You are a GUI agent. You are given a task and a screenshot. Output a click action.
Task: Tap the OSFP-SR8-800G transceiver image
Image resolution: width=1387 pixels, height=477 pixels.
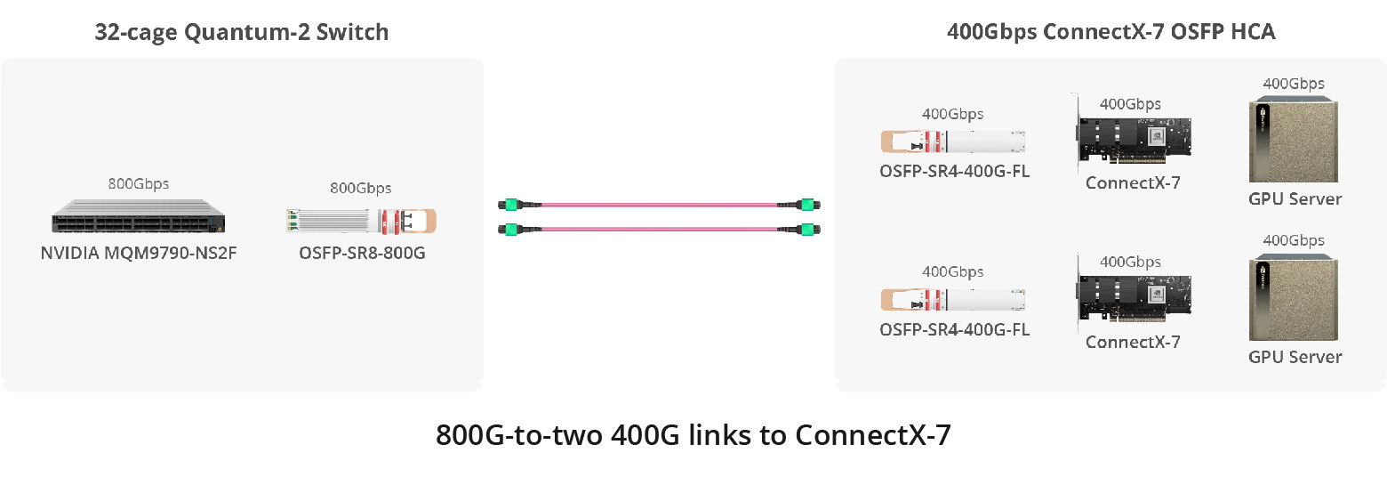point(362,221)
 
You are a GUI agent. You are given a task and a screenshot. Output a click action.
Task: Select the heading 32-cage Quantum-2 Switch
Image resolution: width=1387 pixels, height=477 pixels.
point(242,33)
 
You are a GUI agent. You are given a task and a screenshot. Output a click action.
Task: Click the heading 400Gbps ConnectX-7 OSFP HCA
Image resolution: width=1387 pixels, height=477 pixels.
point(1111,33)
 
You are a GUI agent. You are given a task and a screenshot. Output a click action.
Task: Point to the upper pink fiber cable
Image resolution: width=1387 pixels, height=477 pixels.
point(658,204)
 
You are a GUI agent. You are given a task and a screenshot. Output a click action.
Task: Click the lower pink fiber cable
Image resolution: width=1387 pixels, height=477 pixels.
point(658,230)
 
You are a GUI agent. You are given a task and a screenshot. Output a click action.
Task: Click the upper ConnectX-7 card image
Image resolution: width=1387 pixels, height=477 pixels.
point(1132,139)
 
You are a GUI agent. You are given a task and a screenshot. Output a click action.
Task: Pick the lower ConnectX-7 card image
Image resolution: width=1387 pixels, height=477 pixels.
point(1132,296)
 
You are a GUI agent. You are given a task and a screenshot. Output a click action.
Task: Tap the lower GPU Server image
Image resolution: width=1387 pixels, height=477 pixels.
point(1294,300)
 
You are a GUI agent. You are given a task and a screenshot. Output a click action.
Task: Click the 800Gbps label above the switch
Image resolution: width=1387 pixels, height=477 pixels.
point(139,184)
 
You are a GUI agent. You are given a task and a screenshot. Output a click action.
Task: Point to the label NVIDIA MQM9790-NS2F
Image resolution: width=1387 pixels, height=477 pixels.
point(139,253)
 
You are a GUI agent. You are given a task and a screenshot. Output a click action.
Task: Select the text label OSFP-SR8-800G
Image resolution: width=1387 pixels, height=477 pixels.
point(362,253)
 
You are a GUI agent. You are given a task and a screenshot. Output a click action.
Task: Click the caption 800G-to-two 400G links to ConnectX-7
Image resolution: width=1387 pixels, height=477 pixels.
point(693,436)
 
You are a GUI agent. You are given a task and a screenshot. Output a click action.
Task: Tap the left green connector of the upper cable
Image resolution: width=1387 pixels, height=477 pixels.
point(508,204)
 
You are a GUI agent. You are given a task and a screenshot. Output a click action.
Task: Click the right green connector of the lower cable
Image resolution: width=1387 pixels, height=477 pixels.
point(808,230)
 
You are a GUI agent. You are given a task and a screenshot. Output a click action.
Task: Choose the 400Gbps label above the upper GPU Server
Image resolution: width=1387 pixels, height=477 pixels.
point(1294,84)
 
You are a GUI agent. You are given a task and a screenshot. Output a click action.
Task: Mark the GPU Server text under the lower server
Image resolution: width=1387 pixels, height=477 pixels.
point(1295,357)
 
